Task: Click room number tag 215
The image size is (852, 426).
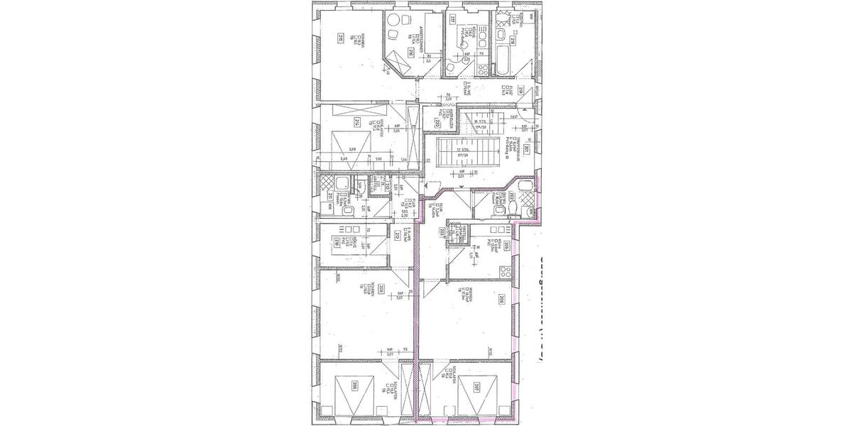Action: click(x=342, y=38)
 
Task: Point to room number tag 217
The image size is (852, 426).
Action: click(x=452, y=20)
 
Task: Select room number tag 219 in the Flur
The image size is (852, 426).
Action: click(x=520, y=89)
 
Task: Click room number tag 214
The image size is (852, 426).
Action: click(x=357, y=121)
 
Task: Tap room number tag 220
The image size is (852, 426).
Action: click(x=437, y=122)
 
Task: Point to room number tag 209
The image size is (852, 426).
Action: click(x=382, y=288)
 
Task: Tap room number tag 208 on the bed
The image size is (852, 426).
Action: click(x=352, y=386)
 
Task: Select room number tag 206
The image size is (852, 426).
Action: click(x=501, y=298)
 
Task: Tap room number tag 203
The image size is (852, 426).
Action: click(x=441, y=231)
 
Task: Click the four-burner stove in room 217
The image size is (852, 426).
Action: click(x=481, y=69)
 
